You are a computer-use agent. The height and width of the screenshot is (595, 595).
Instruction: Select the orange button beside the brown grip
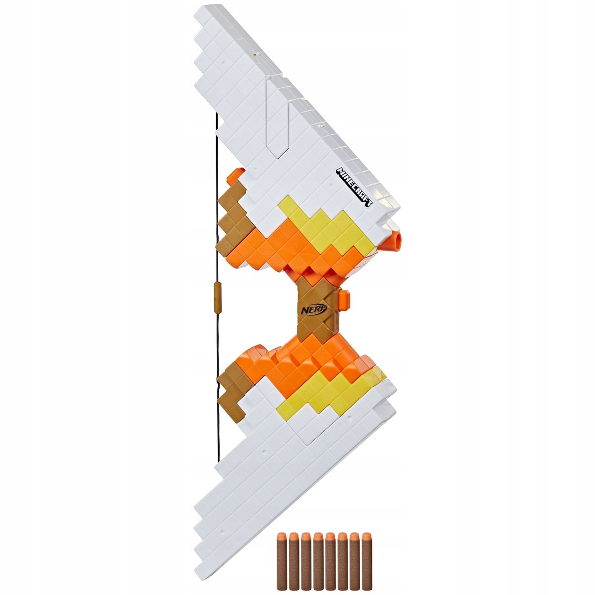coord(345,299)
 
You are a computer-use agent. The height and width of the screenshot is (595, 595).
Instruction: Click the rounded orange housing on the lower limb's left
coord(253,355)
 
